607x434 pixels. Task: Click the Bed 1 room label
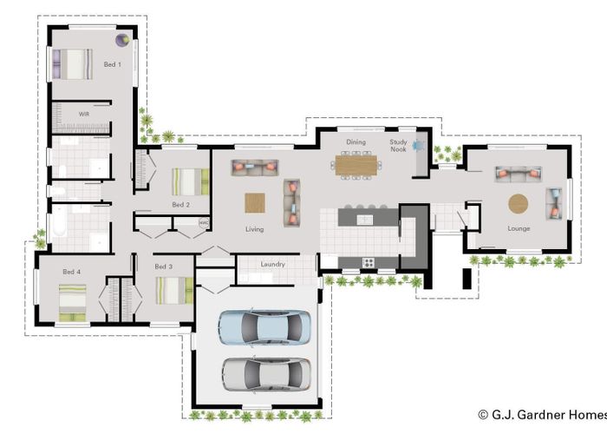click(112, 64)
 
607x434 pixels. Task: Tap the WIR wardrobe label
click(84, 114)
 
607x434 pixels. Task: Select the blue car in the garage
click(264, 327)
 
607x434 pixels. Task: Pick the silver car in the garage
click(267, 375)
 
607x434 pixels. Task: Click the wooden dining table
click(356, 165)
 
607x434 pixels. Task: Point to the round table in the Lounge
click(518, 203)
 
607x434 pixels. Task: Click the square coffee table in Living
click(255, 203)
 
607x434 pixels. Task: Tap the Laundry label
click(272, 264)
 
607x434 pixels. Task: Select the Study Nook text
click(398, 145)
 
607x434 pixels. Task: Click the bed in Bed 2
click(191, 181)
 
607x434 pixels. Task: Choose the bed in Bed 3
click(174, 291)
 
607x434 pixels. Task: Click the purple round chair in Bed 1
click(123, 40)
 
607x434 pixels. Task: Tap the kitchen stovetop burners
click(369, 262)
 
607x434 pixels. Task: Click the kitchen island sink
click(364, 220)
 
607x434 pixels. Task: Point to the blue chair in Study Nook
click(419, 146)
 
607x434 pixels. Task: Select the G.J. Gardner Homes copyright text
click(543, 415)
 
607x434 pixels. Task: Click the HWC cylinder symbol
click(204, 222)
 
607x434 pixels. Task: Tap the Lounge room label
click(519, 228)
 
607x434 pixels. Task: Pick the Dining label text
click(356, 142)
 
